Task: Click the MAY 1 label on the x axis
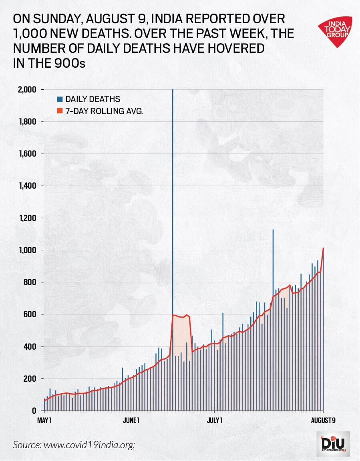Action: pos(45,420)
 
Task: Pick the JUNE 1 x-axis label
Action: pos(131,420)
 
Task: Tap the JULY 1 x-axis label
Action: pos(215,420)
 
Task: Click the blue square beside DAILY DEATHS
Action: pos(60,99)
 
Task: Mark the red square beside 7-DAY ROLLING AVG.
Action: pos(60,111)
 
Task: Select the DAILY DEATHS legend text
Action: pos(93,99)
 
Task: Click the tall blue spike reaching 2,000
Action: pos(173,160)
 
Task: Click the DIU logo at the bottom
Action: pos(333,444)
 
